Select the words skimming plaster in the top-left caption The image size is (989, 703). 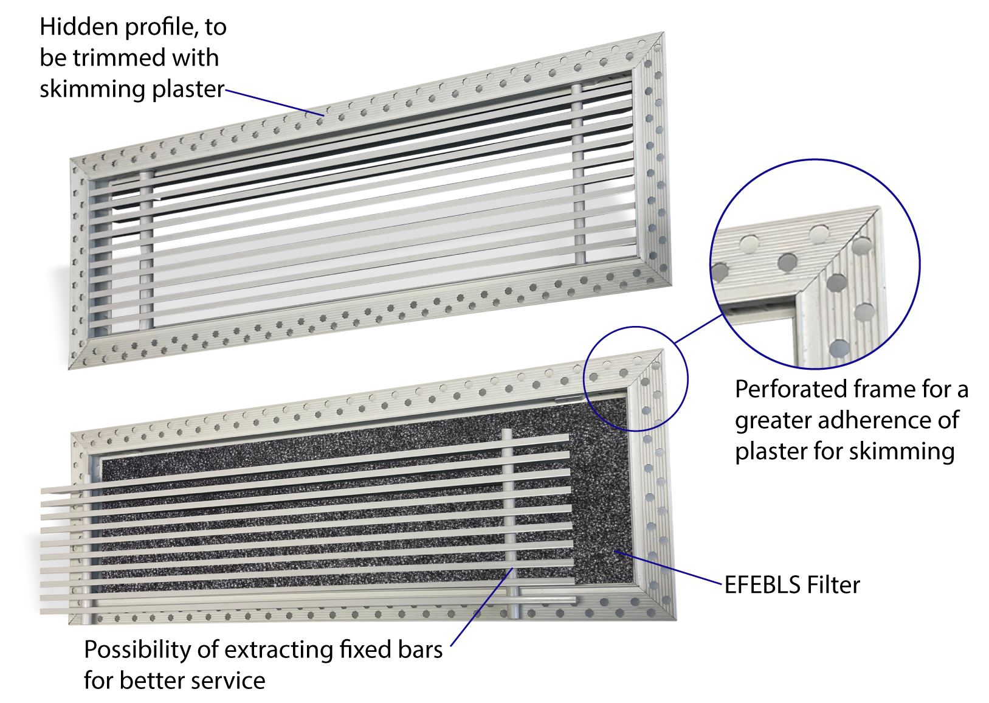(x=132, y=89)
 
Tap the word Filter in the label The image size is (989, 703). (x=833, y=585)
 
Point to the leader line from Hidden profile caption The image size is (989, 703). (x=275, y=103)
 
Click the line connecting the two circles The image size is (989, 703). (x=698, y=328)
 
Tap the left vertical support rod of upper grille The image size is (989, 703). (x=146, y=250)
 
